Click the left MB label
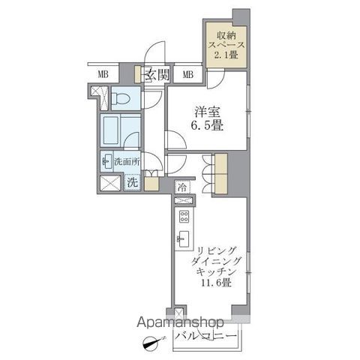[102, 74]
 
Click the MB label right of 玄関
[187, 74]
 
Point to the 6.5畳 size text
[205, 125]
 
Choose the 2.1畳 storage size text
[226, 55]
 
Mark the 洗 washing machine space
[131, 181]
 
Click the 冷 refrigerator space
[183, 187]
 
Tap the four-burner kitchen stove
[183, 218]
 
